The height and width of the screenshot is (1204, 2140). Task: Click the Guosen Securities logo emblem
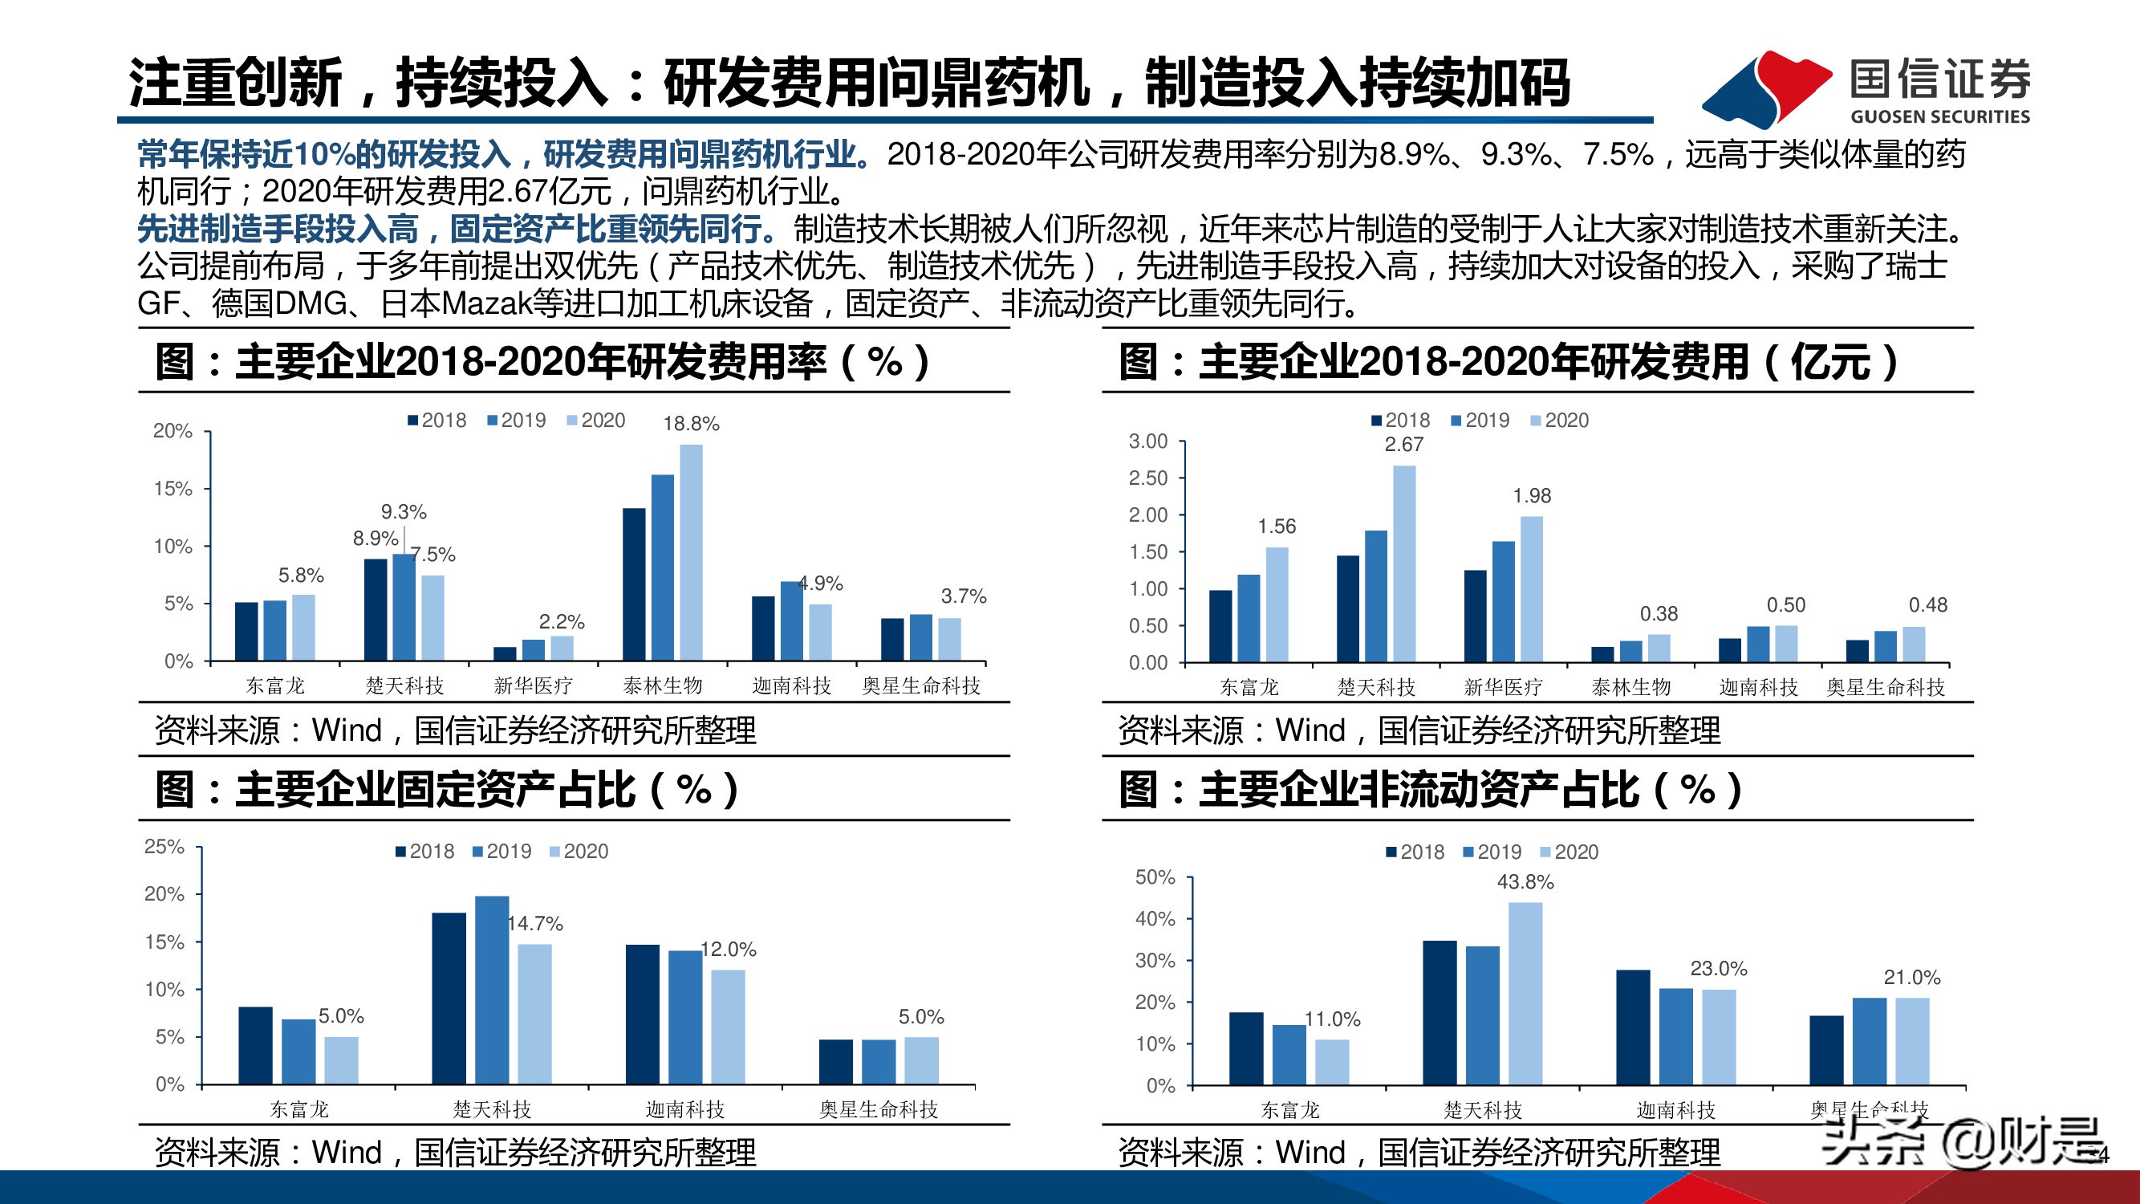point(1765,87)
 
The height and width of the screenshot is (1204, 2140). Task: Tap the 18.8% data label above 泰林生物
point(690,424)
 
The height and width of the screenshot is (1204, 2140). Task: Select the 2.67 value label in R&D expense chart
point(1403,445)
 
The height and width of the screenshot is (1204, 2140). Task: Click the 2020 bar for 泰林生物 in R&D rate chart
point(690,552)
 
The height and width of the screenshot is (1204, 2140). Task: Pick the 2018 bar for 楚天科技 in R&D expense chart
point(1347,608)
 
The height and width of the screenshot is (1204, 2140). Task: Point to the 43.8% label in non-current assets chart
point(1525,881)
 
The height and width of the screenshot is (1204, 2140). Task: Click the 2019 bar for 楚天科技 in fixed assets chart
point(492,990)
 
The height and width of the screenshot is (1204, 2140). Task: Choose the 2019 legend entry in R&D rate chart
point(516,421)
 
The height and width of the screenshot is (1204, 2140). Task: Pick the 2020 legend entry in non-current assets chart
point(1569,852)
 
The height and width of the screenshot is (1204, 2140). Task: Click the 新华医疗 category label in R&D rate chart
point(533,685)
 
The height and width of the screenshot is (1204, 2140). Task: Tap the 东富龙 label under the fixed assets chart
point(299,1109)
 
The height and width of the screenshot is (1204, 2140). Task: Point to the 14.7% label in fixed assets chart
point(536,923)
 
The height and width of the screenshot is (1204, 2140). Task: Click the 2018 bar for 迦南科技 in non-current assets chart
point(1632,1027)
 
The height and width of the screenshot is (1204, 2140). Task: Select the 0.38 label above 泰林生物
point(1659,614)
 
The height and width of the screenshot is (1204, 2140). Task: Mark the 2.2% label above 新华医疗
point(562,621)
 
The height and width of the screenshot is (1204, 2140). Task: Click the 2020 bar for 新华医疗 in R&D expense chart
point(1531,589)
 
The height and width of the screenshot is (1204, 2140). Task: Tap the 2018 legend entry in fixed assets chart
point(424,852)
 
